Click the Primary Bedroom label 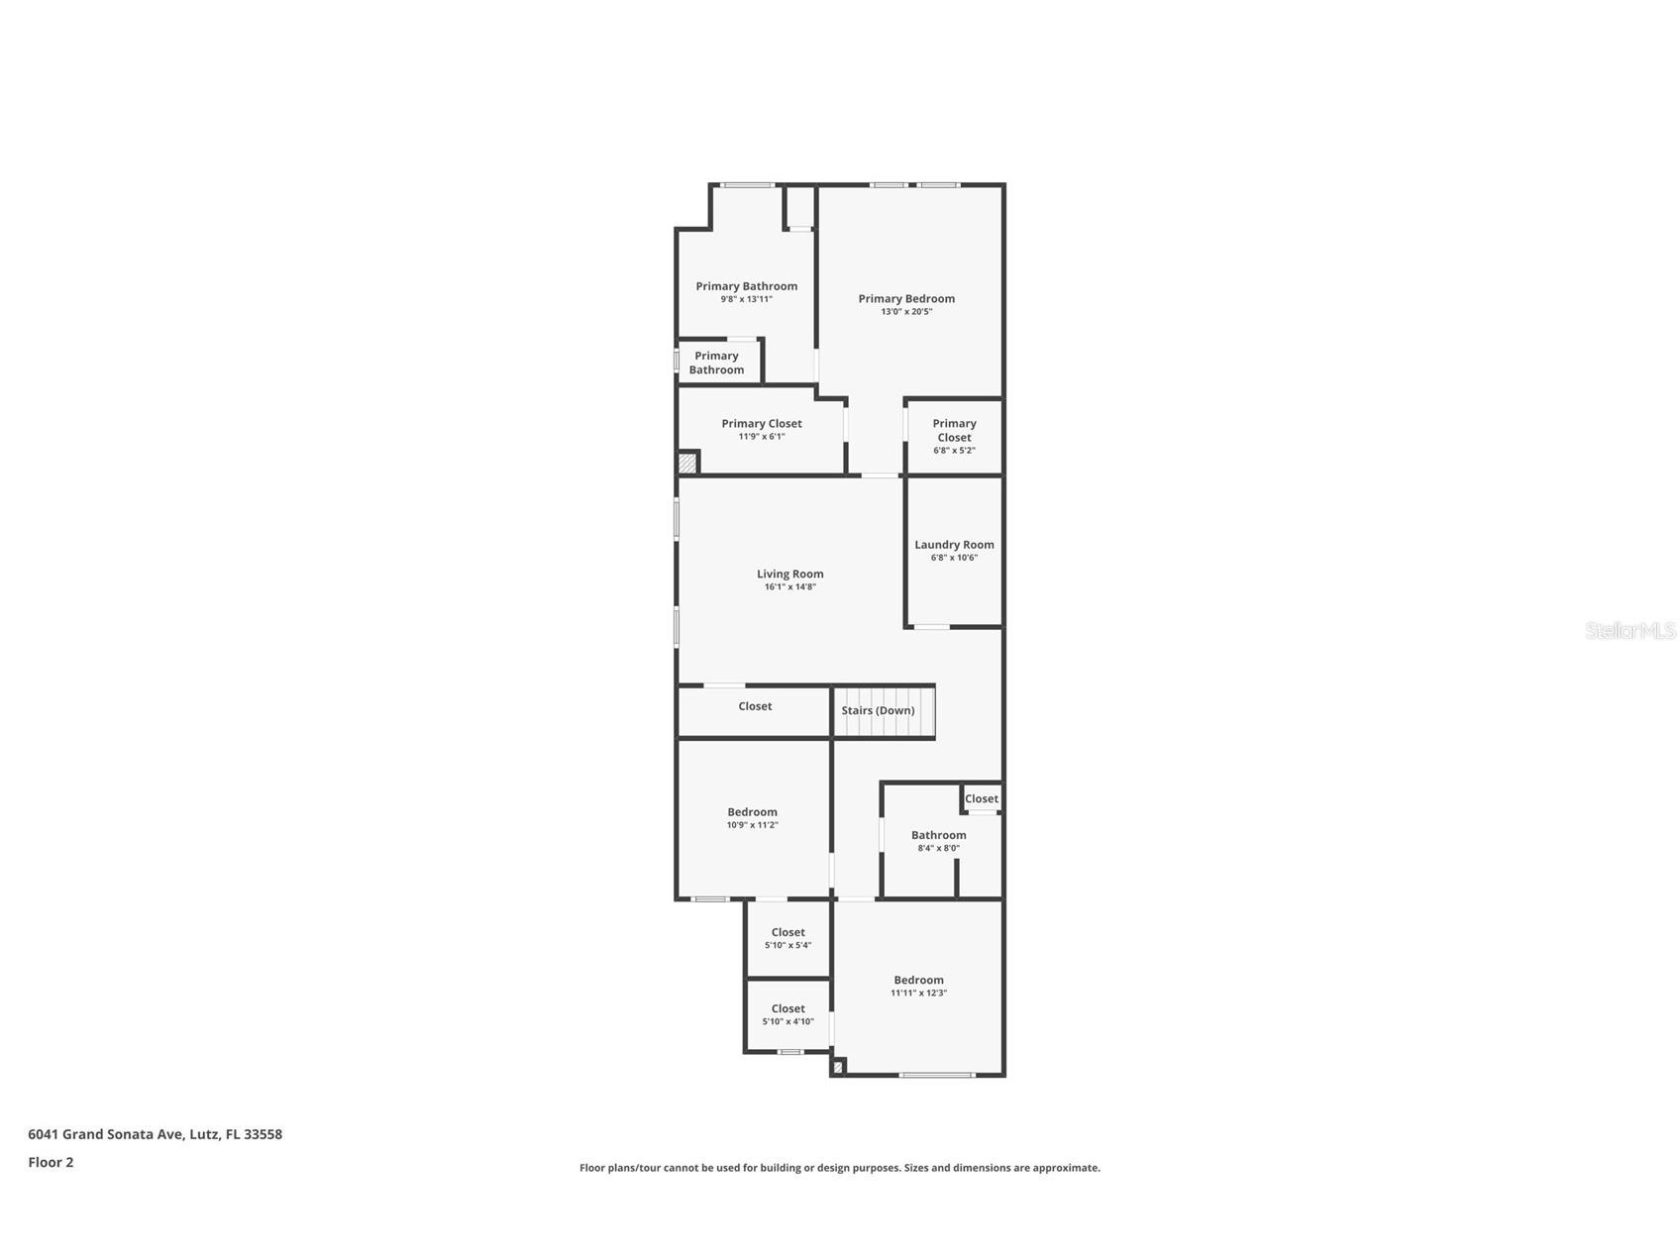point(905,298)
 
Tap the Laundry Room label point(953,544)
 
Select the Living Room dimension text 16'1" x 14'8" point(789,587)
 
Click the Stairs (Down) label point(878,710)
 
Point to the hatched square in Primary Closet point(687,463)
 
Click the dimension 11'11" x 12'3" point(918,993)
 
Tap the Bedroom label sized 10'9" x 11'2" point(752,812)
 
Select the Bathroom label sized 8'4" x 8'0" point(938,835)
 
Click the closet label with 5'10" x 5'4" point(787,932)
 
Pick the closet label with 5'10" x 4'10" point(787,1008)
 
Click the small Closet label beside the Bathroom point(981,798)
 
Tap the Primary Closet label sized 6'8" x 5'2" point(954,430)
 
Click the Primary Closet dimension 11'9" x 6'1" point(761,437)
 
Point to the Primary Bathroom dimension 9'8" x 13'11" point(746,299)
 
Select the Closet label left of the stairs point(755,706)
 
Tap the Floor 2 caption point(51,1162)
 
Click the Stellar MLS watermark point(1629,630)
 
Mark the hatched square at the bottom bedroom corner point(838,1067)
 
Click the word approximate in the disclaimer point(1066,1168)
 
